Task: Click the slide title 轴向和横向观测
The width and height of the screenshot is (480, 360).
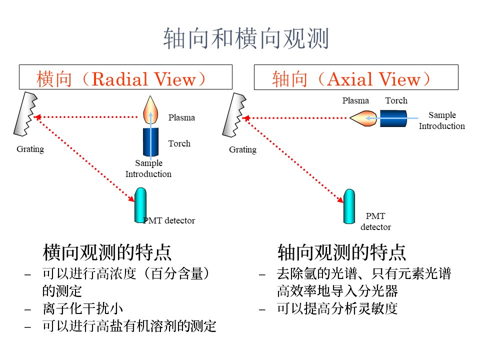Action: (x=246, y=38)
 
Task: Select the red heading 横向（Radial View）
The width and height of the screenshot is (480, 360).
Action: (x=121, y=79)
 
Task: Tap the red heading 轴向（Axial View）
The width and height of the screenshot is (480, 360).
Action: (x=351, y=79)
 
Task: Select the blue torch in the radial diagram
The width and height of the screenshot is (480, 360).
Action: (x=150, y=142)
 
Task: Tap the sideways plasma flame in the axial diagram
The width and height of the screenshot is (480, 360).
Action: (x=363, y=118)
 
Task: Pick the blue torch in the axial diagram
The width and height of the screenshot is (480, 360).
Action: (x=393, y=118)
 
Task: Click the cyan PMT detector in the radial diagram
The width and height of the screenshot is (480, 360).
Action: (x=140, y=205)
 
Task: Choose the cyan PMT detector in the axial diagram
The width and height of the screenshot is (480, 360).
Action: (x=349, y=206)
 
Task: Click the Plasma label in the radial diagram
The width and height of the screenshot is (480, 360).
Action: (x=181, y=117)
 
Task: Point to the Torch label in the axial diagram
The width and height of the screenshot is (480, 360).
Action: (x=396, y=100)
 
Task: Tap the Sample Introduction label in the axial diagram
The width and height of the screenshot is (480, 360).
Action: (x=441, y=120)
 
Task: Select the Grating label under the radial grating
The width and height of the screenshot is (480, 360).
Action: (x=30, y=149)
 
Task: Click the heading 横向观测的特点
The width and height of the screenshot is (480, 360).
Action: (x=107, y=252)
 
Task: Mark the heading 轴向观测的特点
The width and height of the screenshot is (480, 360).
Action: (x=341, y=252)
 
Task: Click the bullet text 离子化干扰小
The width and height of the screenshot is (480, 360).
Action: (x=82, y=308)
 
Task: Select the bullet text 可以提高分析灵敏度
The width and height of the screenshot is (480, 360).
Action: (x=337, y=308)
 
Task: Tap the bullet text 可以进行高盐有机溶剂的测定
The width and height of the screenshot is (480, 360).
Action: (x=129, y=326)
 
